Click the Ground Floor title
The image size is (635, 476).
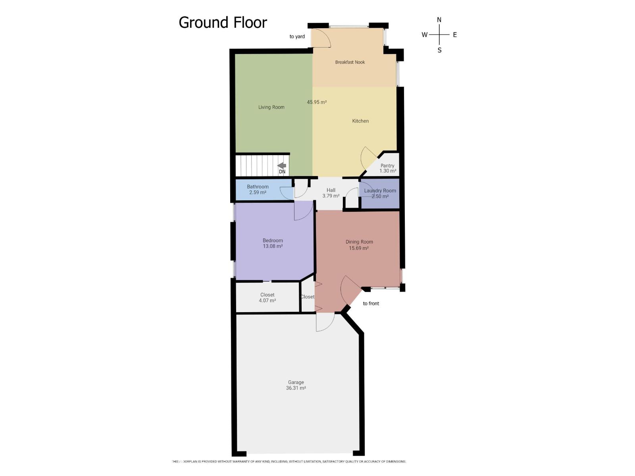point(223,23)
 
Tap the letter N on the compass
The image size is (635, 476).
point(439,20)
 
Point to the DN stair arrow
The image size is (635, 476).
point(282,166)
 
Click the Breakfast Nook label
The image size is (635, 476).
point(350,62)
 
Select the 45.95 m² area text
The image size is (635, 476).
point(317,102)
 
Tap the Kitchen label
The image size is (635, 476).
point(360,121)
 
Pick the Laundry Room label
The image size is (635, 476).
point(380,191)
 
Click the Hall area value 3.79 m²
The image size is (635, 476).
point(331,196)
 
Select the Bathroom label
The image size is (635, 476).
point(258,187)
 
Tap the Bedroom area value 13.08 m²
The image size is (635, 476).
point(273,246)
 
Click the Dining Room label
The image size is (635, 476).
point(359,242)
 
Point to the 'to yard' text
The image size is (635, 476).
point(297,37)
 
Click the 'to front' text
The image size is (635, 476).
point(371,303)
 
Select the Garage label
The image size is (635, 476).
point(296,382)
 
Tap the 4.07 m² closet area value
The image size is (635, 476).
point(267,301)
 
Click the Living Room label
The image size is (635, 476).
point(271,107)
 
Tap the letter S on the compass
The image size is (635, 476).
point(439,50)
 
